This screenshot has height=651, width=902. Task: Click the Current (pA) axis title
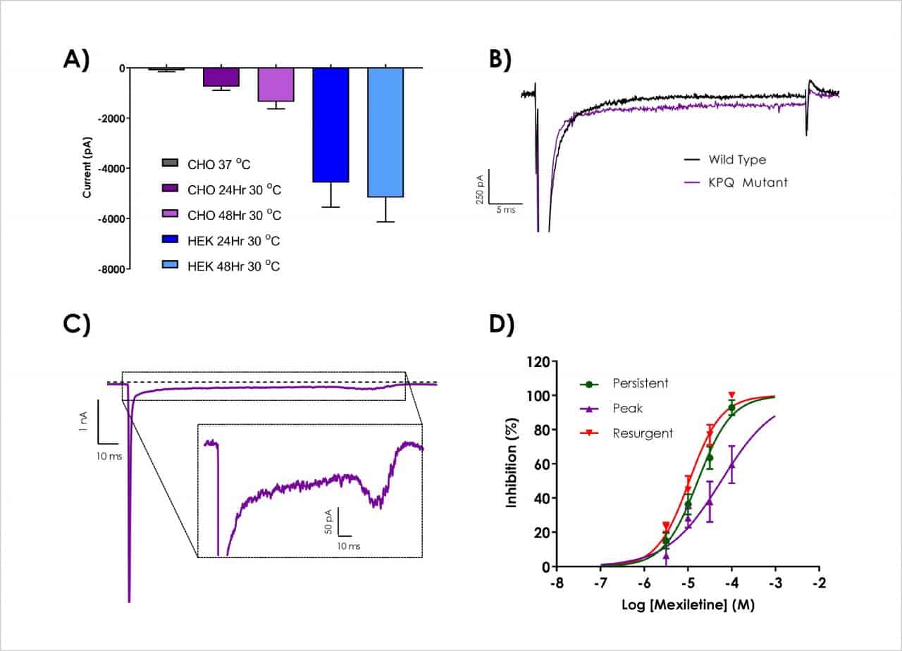point(87,167)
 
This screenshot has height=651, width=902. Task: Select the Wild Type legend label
point(738,160)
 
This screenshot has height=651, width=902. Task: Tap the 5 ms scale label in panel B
point(505,210)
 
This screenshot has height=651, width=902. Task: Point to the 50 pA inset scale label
point(328,519)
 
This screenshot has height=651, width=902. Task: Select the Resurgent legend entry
point(627,433)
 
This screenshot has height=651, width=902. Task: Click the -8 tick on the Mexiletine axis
point(556,585)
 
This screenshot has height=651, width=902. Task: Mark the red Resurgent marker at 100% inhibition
point(732,395)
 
